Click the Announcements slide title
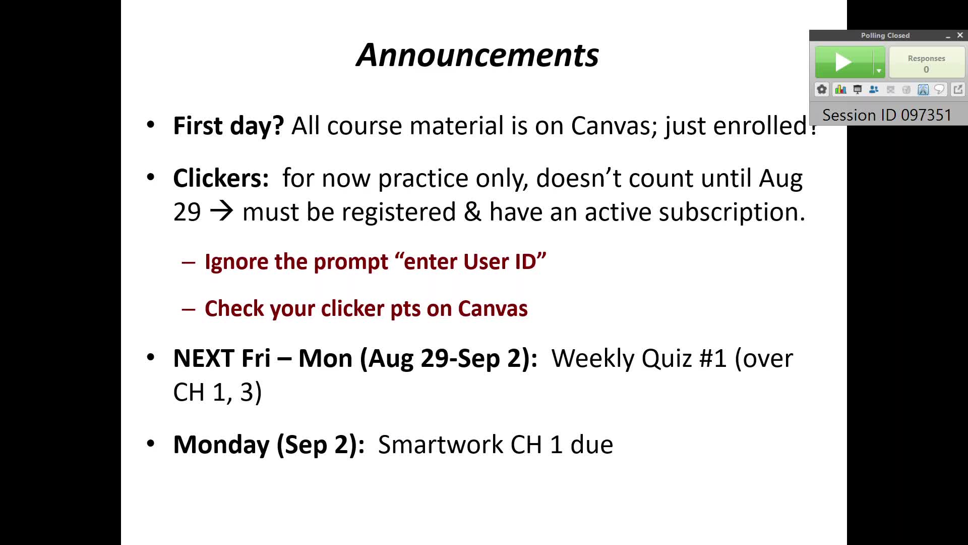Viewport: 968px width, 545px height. tap(477, 55)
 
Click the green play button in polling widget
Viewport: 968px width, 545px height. tap(843, 62)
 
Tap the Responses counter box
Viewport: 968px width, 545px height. tap(927, 63)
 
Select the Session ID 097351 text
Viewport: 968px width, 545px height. tap(887, 115)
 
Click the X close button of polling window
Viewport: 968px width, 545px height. tap(960, 35)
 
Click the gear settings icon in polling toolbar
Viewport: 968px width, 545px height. tap(822, 89)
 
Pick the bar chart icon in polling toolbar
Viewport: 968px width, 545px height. tap(840, 89)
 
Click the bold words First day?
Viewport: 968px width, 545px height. tap(228, 126)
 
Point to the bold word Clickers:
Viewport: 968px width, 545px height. tap(221, 178)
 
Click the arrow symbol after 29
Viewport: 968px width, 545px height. tap(221, 211)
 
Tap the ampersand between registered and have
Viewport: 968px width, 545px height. tap(472, 211)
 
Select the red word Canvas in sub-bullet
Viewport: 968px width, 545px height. tap(493, 308)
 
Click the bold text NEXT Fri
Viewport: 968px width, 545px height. tap(222, 358)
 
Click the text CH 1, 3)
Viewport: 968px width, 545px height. tap(217, 392)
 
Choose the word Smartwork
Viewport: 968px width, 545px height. tap(441, 445)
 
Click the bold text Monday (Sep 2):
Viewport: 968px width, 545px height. tap(269, 445)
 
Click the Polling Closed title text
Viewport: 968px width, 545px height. tap(885, 35)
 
